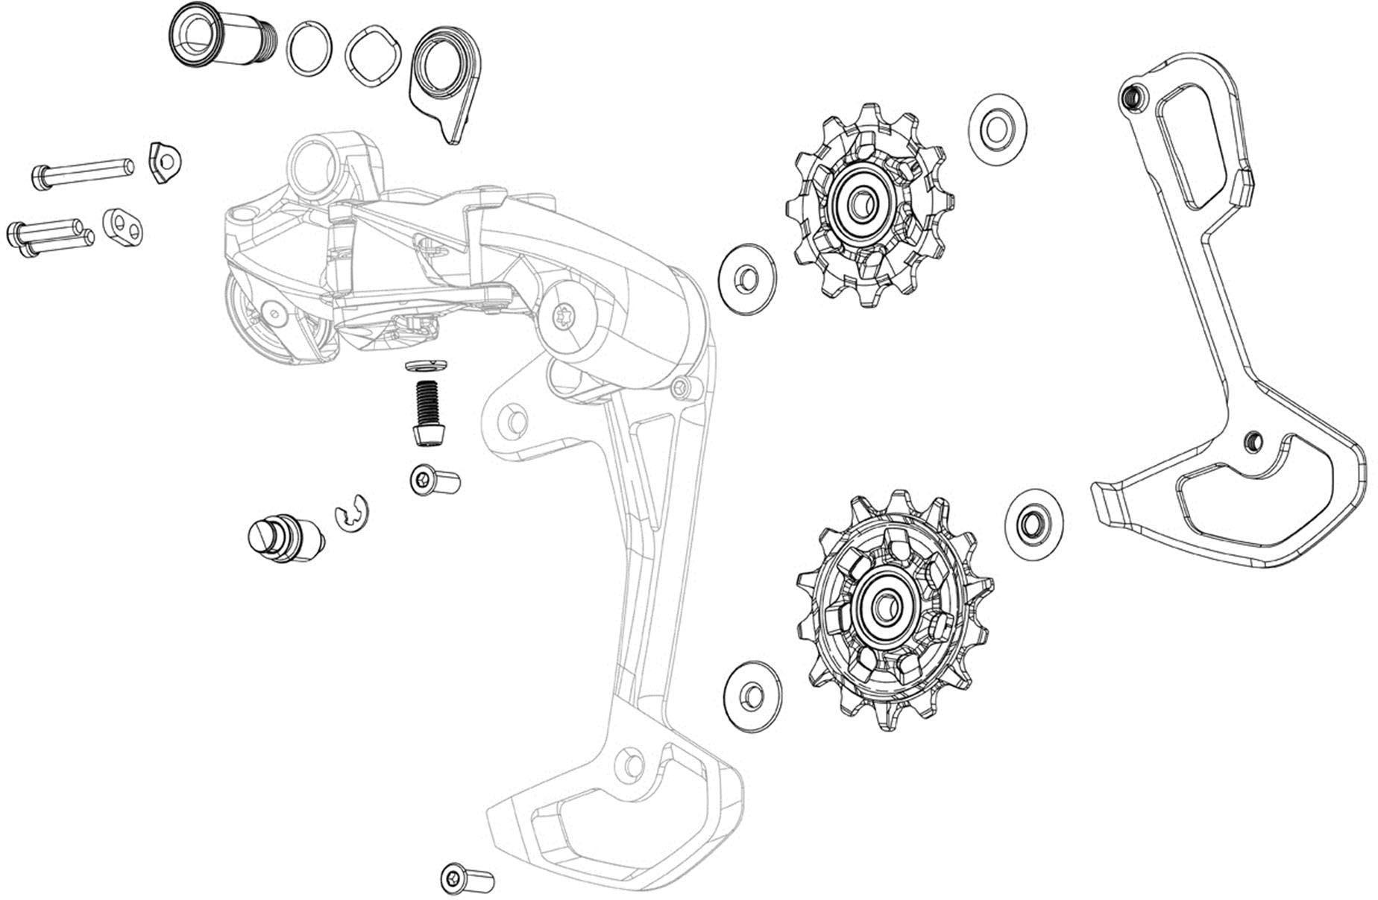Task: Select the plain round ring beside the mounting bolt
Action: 309,48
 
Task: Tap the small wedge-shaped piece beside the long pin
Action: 165,160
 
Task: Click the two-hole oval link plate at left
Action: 122,226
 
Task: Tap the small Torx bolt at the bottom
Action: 467,878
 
